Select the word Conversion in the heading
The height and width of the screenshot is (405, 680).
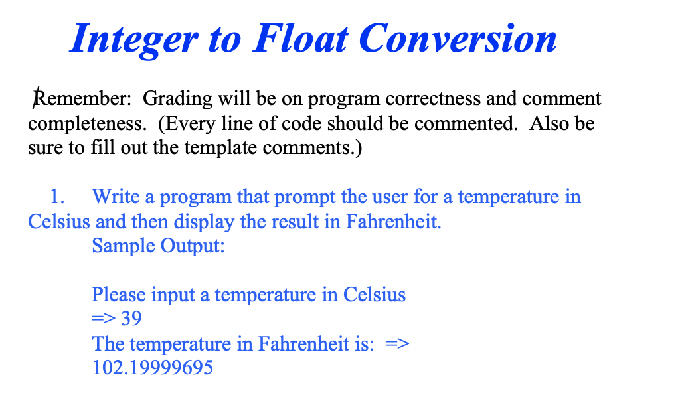[458, 39]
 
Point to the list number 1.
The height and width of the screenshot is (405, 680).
[58, 197]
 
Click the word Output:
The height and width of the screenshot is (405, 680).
[193, 246]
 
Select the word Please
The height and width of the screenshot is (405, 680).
[120, 295]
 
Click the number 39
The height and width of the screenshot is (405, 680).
[131, 319]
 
